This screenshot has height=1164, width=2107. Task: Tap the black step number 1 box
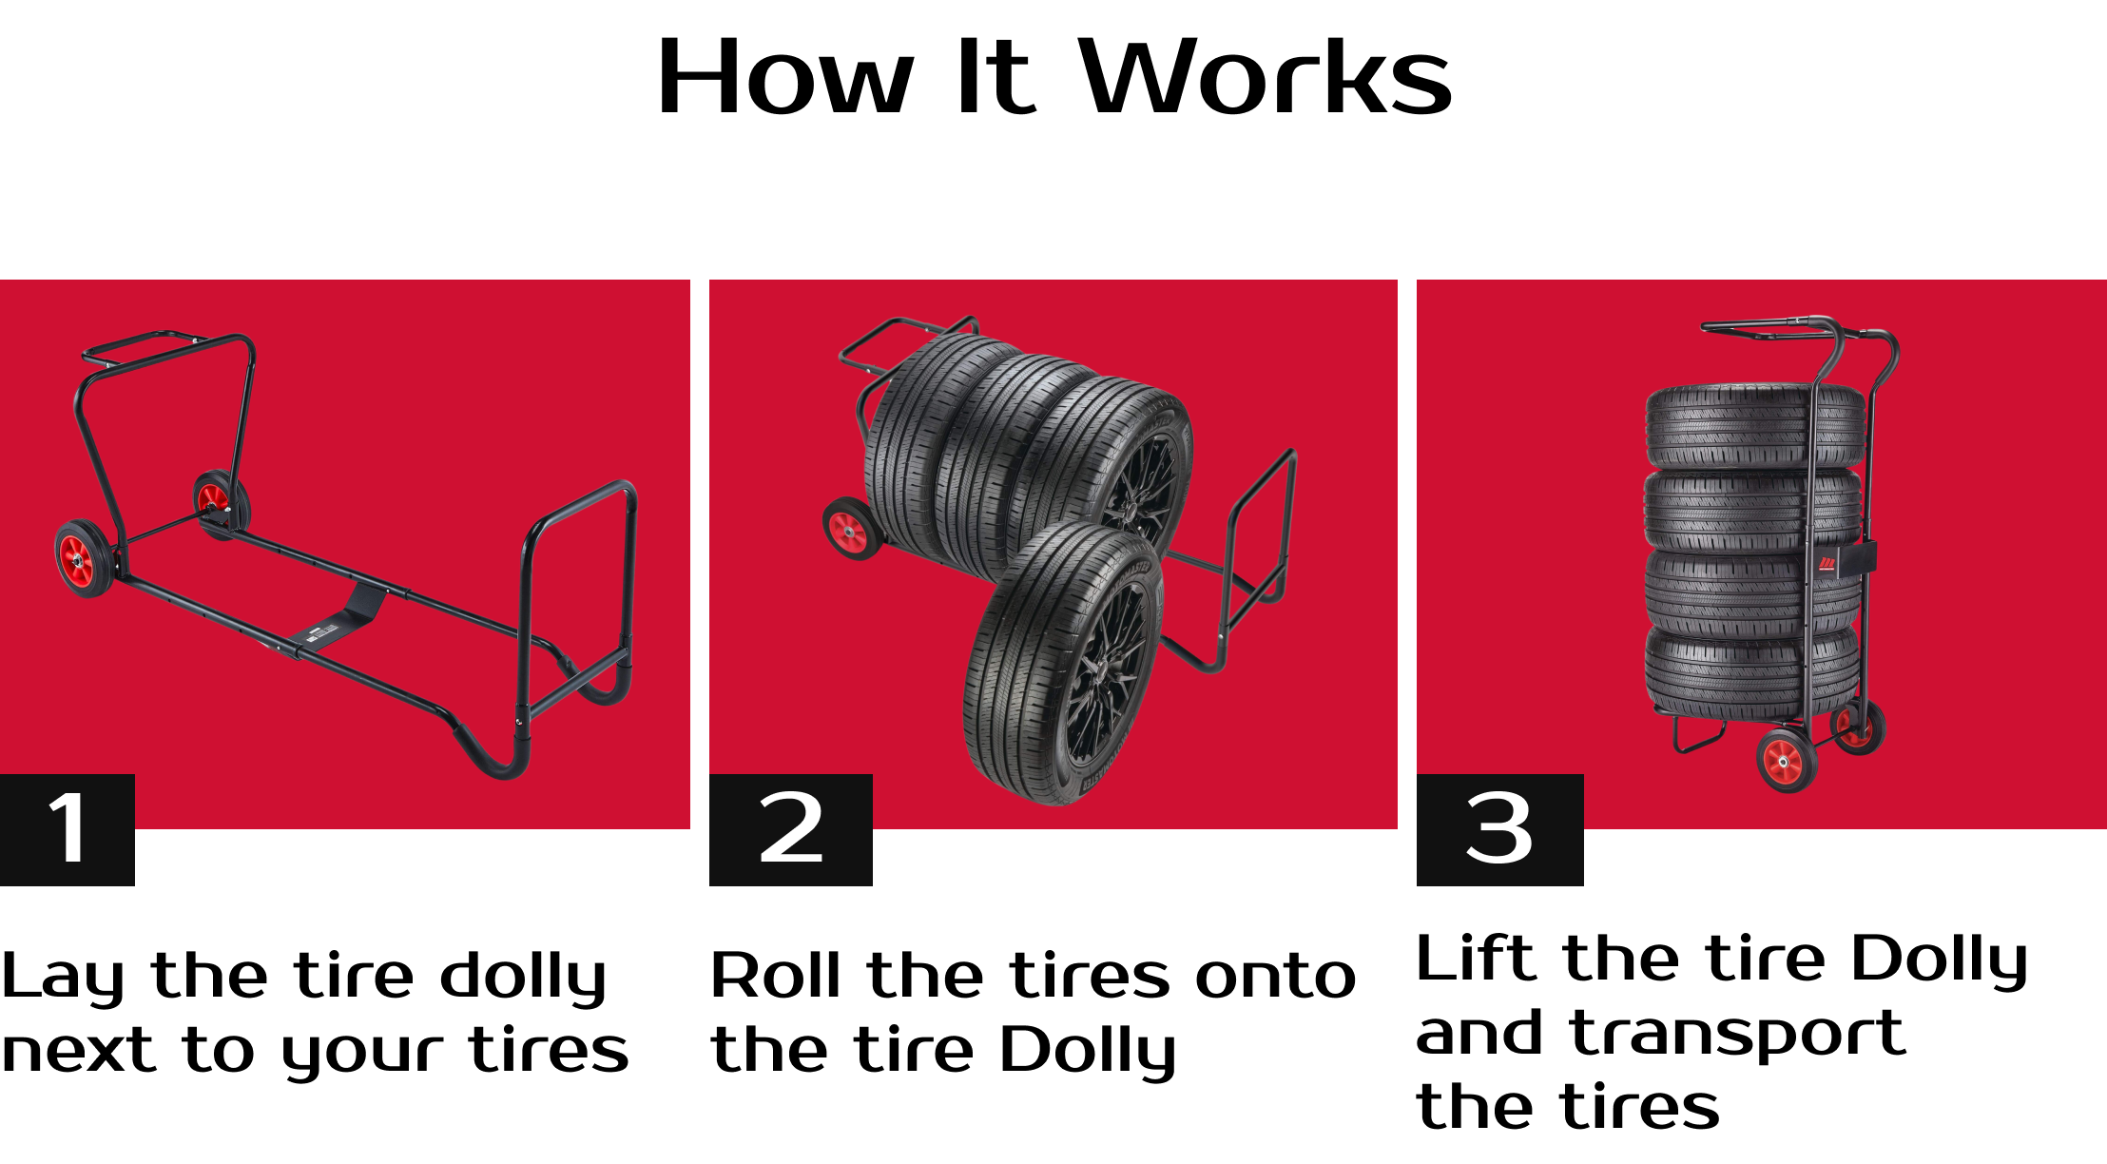[68, 830]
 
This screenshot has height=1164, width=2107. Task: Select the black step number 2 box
[791, 830]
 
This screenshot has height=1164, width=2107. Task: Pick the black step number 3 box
[1500, 830]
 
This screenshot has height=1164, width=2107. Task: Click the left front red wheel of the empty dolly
[86, 559]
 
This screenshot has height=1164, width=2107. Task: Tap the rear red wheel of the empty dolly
[222, 504]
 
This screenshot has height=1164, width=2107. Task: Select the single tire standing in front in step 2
[1064, 664]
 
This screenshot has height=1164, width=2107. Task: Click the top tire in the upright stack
[1755, 426]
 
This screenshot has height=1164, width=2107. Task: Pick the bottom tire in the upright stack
[1752, 670]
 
